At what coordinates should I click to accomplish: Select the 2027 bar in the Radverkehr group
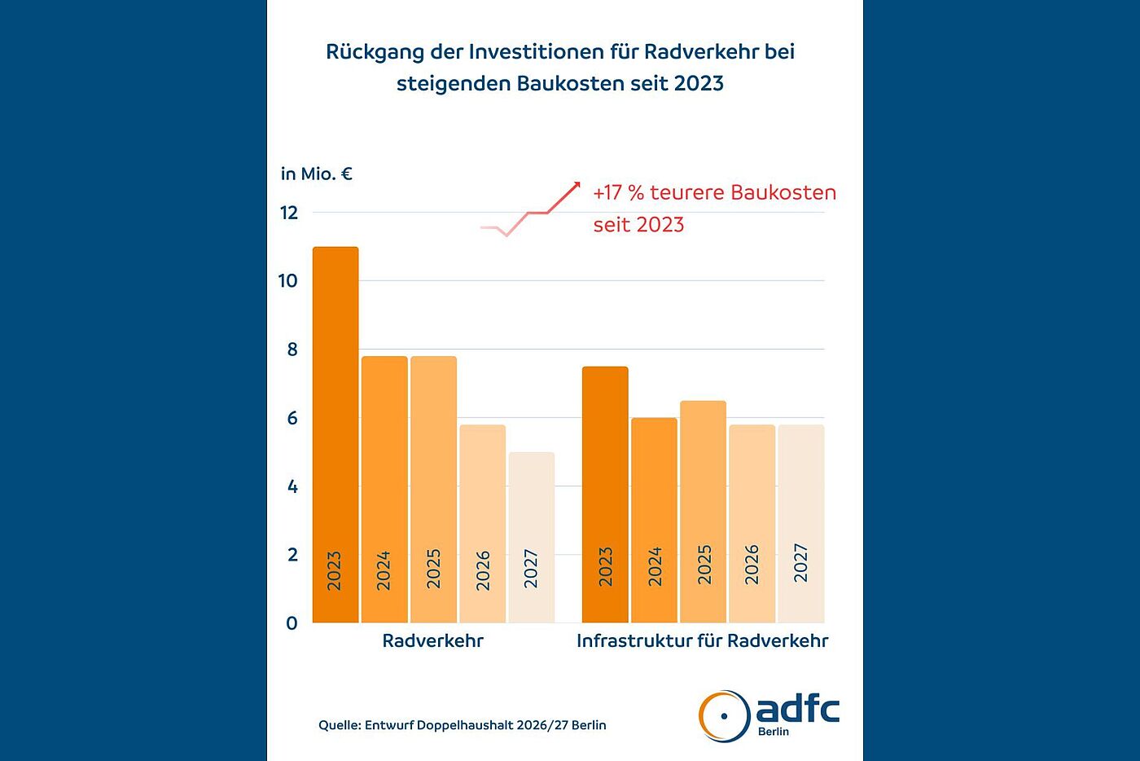pos(531,537)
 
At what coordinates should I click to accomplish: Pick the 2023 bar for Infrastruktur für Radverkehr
pos(605,494)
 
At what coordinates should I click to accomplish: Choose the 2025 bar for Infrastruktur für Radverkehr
pos(703,511)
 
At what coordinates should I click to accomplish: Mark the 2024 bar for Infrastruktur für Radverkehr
pos(654,520)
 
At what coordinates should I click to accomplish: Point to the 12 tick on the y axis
pos(289,213)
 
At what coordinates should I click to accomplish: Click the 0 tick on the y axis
pos(292,623)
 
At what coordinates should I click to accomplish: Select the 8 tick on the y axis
pos(292,350)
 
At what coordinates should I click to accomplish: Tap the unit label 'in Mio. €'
pos(316,174)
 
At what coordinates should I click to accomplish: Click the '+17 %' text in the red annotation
pos(618,193)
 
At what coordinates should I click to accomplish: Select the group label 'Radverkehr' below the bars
pos(432,641)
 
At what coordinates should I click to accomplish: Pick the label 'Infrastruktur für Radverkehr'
pos(702,641)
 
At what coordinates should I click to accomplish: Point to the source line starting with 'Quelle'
pos(462,725)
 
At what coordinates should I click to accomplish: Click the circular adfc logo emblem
pos(724,716)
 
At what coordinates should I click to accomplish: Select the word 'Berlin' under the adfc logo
pos(773,732)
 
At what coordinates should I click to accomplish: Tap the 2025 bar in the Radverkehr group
pos(433,489)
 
